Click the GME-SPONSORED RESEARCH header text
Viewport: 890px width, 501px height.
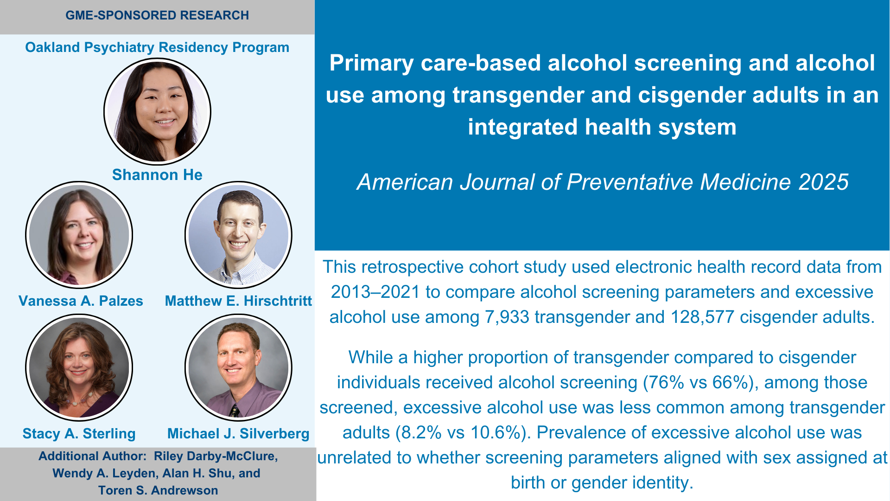pos(157,15)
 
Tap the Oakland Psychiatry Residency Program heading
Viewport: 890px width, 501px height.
pos(157,47)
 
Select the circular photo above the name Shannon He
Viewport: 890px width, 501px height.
pos(157,111)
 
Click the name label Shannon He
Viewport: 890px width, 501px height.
pos(157,175)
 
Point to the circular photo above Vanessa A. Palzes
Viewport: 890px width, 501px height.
pos(79,235)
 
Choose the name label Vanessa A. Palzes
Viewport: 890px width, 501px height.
pos(81,301)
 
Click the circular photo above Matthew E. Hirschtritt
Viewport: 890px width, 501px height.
pos(238,235)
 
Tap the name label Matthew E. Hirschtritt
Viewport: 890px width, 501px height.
pos(238,301)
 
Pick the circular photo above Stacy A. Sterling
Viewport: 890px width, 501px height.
pos(79,367)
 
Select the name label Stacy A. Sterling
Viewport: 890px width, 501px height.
pos(79,434)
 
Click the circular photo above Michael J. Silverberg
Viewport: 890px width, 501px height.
pos(238,367)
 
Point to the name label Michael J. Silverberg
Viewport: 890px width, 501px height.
pos(238,434)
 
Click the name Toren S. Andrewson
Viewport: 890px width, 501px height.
pos(158,490)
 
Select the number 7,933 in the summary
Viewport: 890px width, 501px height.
pos(507,317)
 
